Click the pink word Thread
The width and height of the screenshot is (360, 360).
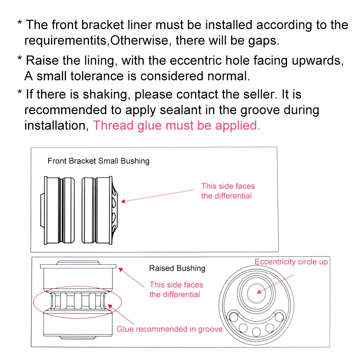click(113, 125)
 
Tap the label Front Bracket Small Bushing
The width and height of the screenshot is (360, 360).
click(99, 161)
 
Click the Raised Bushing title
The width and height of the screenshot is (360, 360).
click(177, 268)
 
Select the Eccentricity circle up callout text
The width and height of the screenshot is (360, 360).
click(291, 262)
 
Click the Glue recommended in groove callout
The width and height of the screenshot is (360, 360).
click(170, 329)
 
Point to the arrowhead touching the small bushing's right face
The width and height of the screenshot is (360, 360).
click(123, 201)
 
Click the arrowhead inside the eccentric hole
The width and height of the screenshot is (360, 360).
click(259, 292)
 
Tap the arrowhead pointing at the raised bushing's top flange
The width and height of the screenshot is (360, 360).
click(121, 270)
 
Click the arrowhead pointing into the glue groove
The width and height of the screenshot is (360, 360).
click(110, 306)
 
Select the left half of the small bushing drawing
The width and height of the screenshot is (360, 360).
click(58, 210)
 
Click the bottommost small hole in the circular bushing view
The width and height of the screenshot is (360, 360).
click(256, 332)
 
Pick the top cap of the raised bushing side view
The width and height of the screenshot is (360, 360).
click(78, 265)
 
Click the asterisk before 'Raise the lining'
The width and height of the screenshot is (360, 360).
click(20, 58)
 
